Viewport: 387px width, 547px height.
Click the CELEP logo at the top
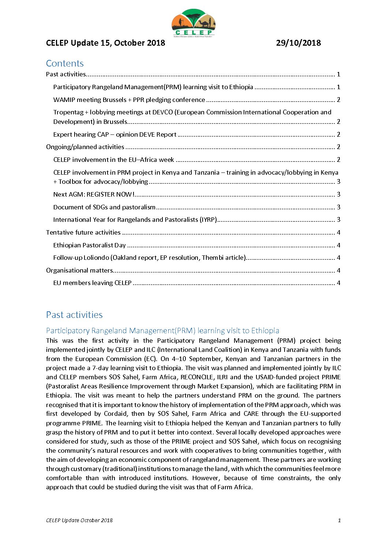[193, 23]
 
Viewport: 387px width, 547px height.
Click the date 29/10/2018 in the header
[298, 43]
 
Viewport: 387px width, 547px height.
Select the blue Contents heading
[65, 63]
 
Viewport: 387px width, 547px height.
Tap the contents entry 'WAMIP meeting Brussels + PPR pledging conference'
[129, 100]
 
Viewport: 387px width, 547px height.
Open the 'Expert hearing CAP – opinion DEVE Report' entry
[115, 134]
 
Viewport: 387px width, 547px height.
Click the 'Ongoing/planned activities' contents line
[85, 147]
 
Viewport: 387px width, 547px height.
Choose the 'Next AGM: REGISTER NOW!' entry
[94, 194]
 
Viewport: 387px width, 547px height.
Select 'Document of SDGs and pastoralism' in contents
[104, 207]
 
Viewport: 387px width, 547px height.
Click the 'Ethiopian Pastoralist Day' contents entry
[89, 245]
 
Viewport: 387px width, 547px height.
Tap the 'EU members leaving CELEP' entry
[92, 283]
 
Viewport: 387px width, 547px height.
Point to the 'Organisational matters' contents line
[79, 270]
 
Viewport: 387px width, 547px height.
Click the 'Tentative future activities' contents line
[83, 232]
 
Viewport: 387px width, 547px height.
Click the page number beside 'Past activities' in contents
[338, 75]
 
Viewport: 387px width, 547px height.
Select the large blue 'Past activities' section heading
[74, 315]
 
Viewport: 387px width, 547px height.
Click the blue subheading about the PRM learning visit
[162, 331]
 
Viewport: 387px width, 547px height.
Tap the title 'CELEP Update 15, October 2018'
[105, 43]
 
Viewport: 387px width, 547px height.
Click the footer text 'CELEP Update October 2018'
[79, 520]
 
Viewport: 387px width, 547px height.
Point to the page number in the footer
[339, 520]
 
